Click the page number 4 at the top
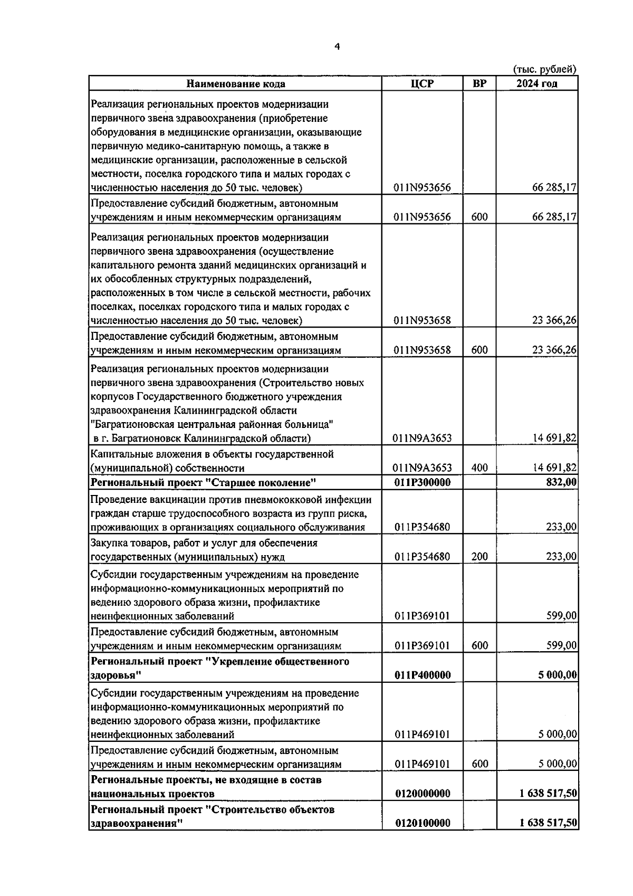click(x=337, y=47)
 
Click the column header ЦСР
click(x=422, y=84)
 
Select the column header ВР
click(x=479, y=84)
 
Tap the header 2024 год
click(x=536, y=84)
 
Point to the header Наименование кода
click(x=235, y=84)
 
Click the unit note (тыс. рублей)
click(x=544, y=69)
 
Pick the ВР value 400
click(x=479, y=468)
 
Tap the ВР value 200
click(x=479, y=556)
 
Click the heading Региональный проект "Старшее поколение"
click(x=204, y=482)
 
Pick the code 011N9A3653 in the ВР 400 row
click(x=422, y=468)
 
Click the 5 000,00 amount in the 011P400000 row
click(x=558, y=675)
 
